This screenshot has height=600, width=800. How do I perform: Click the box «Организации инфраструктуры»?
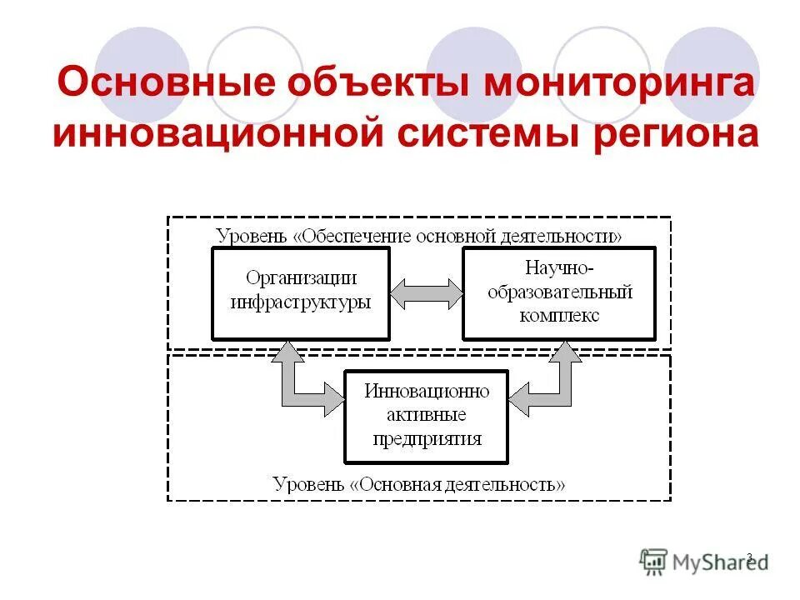point(301,292)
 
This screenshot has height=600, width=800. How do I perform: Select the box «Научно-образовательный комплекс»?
point(559,292)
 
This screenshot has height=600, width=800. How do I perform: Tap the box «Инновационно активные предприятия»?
point(426,416)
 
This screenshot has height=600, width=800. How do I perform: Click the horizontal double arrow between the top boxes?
point(426,293)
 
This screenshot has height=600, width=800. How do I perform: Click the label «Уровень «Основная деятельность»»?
point(419,483)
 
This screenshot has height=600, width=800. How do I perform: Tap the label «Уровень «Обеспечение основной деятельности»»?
point(419,236)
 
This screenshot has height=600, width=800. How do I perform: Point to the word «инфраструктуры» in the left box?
point(301,302)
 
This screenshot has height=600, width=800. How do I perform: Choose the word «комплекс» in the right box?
point(559,316)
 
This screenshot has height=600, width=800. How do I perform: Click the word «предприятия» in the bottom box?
point(427,439)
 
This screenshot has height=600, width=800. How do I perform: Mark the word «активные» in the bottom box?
point(427,416)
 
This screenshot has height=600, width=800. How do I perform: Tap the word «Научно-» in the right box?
point(559,268)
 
